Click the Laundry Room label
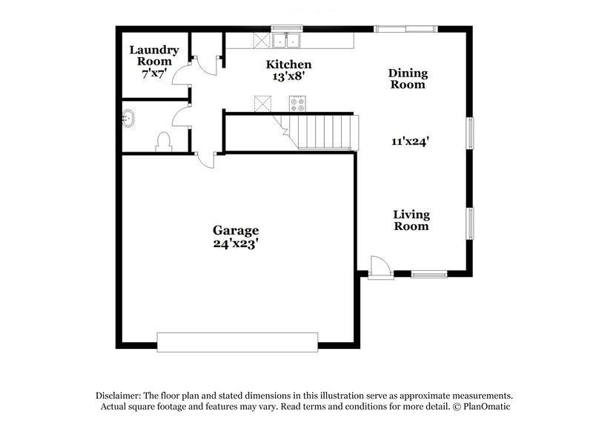tap(154, 56)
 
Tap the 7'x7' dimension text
tap(154, 74)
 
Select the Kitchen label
tap(289, 65)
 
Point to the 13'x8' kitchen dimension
tap(289, 76)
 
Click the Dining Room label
tap(408, 79)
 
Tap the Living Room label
tap(411, 220)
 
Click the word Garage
tap(236, 230)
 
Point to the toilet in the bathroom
tap(163, 142)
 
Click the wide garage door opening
tap(237, 341)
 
